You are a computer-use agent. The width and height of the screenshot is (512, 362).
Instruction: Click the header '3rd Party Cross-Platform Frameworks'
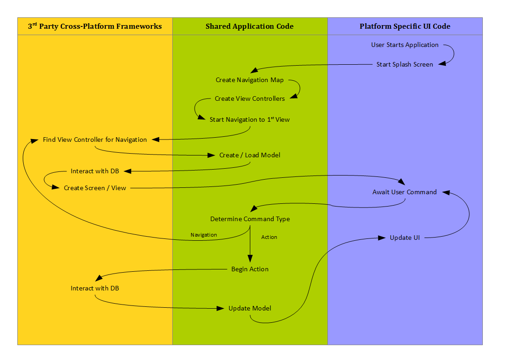tap(95, 26)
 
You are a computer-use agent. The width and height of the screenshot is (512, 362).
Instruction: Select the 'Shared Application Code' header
tap(249, 26)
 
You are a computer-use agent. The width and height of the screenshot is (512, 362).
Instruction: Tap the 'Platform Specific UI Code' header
tap(405, 26)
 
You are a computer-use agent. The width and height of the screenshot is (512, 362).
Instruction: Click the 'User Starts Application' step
tap(405, 45)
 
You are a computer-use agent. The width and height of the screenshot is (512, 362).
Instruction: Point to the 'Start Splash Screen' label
tap(405, 64)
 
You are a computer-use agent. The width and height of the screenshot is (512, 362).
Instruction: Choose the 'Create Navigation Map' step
tap(249, 80)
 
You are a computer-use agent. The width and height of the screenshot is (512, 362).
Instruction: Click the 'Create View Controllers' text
tap(249, 98)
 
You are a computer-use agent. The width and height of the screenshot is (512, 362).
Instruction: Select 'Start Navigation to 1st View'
tap(249, 119)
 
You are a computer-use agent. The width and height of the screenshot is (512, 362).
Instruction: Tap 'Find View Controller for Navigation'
tap(95, 140)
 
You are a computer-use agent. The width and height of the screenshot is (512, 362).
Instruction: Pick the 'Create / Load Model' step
tap(249, 155)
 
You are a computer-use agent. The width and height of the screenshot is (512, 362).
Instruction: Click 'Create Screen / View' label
tap(95, 188)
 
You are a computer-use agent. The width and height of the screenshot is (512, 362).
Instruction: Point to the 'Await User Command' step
tap(404, 192)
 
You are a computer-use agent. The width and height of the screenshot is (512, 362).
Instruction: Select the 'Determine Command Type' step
tap(250, 219)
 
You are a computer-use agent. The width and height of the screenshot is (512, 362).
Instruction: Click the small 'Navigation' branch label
tap(204, 235)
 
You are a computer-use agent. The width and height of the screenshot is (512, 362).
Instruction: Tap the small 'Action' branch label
tap(269, 237)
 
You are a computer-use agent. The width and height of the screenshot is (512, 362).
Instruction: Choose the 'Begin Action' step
tap(250, 269)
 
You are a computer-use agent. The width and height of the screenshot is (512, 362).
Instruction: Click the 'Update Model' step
tap(250, 308)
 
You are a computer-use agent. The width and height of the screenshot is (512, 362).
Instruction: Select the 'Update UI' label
tap(405, 238)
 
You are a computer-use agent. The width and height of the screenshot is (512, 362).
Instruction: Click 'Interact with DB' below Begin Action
tap(95, 288)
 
